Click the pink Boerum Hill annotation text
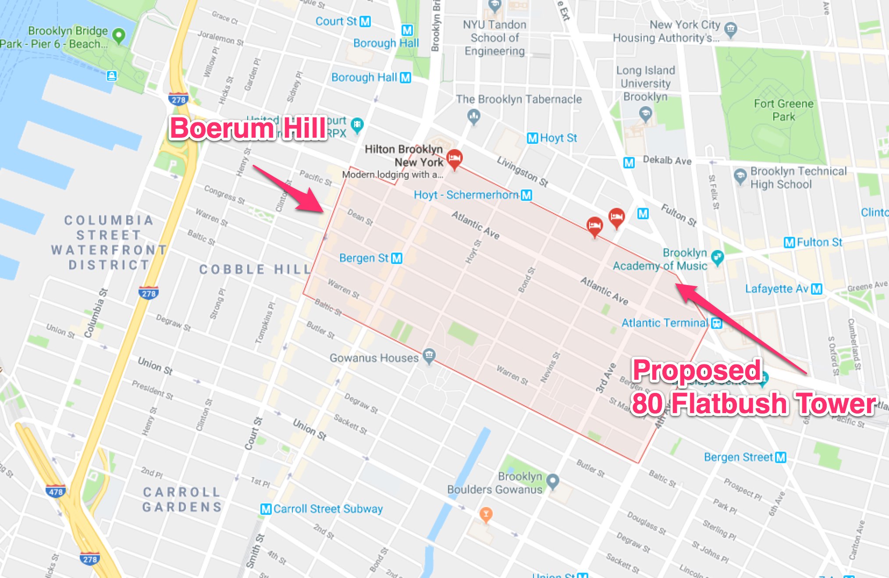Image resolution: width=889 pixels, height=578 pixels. tap(248, 128)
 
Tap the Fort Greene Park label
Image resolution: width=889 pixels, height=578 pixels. tap(783, 110)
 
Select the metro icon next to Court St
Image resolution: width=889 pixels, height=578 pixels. tap(365, 21)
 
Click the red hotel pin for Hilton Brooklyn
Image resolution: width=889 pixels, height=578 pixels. tap(454, 158)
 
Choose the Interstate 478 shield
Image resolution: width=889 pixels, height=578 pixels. tap(56, 491)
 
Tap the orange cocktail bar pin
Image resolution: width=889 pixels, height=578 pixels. tap(486, 514)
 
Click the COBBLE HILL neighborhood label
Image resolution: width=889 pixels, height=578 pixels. tap(255, 269)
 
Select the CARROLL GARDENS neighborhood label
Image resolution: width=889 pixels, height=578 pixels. tap(181, 500)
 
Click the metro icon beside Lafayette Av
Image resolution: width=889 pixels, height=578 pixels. tap(816, 289)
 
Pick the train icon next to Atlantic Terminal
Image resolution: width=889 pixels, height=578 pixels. tap(717, 323)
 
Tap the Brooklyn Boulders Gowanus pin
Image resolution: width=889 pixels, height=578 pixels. tap(553, 481)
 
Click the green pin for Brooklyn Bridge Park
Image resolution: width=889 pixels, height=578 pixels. tap(118, 35)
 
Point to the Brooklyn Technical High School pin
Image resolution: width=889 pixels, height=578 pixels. tap(740, 176)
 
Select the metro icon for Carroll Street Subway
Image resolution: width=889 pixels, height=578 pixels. tap(266, 509)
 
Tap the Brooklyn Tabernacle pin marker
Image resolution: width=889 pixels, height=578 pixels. tap(474, 117)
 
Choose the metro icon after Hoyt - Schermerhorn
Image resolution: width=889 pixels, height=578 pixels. tap(526, 195)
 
